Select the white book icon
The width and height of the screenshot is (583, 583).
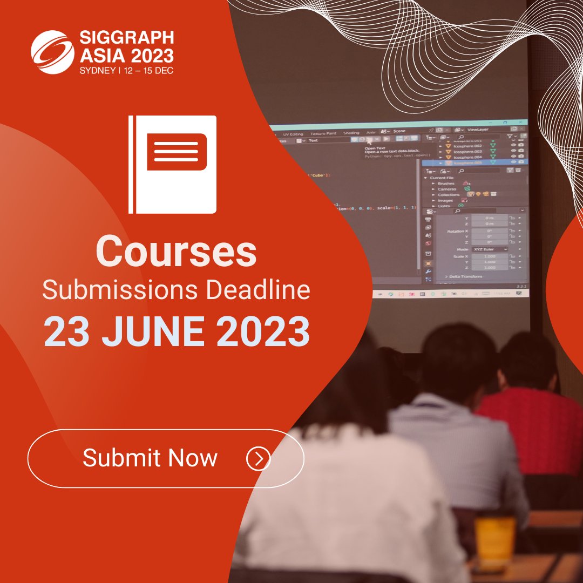tap(172, 164)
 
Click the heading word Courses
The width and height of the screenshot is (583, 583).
tap(176, 252)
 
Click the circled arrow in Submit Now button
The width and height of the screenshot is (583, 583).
tap(258, 458)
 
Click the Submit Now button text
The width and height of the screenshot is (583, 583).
tap(150, 458)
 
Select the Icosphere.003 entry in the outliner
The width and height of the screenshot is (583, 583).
tap(467, 152)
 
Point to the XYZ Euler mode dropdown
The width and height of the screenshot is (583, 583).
tap(489, 249)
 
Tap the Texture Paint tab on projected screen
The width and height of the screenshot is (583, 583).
tap(323, 133)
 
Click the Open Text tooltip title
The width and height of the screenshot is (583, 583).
tap(376, 148)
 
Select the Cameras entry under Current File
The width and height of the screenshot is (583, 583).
tap(447, 189)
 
